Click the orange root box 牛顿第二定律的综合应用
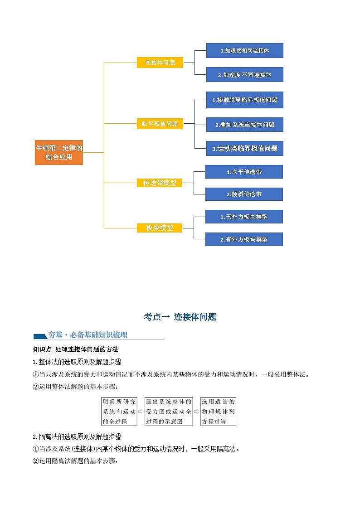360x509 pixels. coord(59,152)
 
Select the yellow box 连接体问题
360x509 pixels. coord(160,63)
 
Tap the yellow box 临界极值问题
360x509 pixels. coord(160,124)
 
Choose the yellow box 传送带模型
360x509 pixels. coord(160,183)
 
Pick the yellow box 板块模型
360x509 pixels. coord(160,228)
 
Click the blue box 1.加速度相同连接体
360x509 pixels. coord(244,51)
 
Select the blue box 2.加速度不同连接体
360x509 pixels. coord(244,75)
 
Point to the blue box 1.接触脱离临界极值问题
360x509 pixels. coord(244,100)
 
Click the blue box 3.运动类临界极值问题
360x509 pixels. coord(244,148)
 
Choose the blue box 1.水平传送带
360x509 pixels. coord(244,172)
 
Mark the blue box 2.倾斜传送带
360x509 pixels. coord(244,194)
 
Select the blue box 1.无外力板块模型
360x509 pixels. coord(244,217)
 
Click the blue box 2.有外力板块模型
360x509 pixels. coord(244,239)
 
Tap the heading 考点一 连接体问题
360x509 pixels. coord(180,317)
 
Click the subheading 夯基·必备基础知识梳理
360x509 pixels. coord(88,335)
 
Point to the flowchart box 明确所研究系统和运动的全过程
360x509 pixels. coord(119,412)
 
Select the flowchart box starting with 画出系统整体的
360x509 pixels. coord(169,412)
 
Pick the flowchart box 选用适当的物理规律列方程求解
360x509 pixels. coord(218,412)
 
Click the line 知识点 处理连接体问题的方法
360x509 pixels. coord(76,349)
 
